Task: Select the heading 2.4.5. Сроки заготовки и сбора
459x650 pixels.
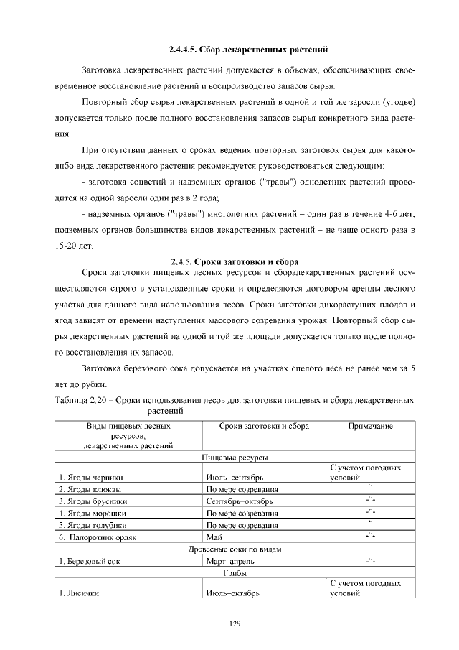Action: pos(235,261)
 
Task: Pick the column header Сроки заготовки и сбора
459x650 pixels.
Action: pos(264,426)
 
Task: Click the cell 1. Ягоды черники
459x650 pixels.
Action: pos(91,477)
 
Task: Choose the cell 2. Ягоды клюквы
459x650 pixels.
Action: pos(90,489)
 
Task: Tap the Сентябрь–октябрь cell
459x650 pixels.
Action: pos(235,501)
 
